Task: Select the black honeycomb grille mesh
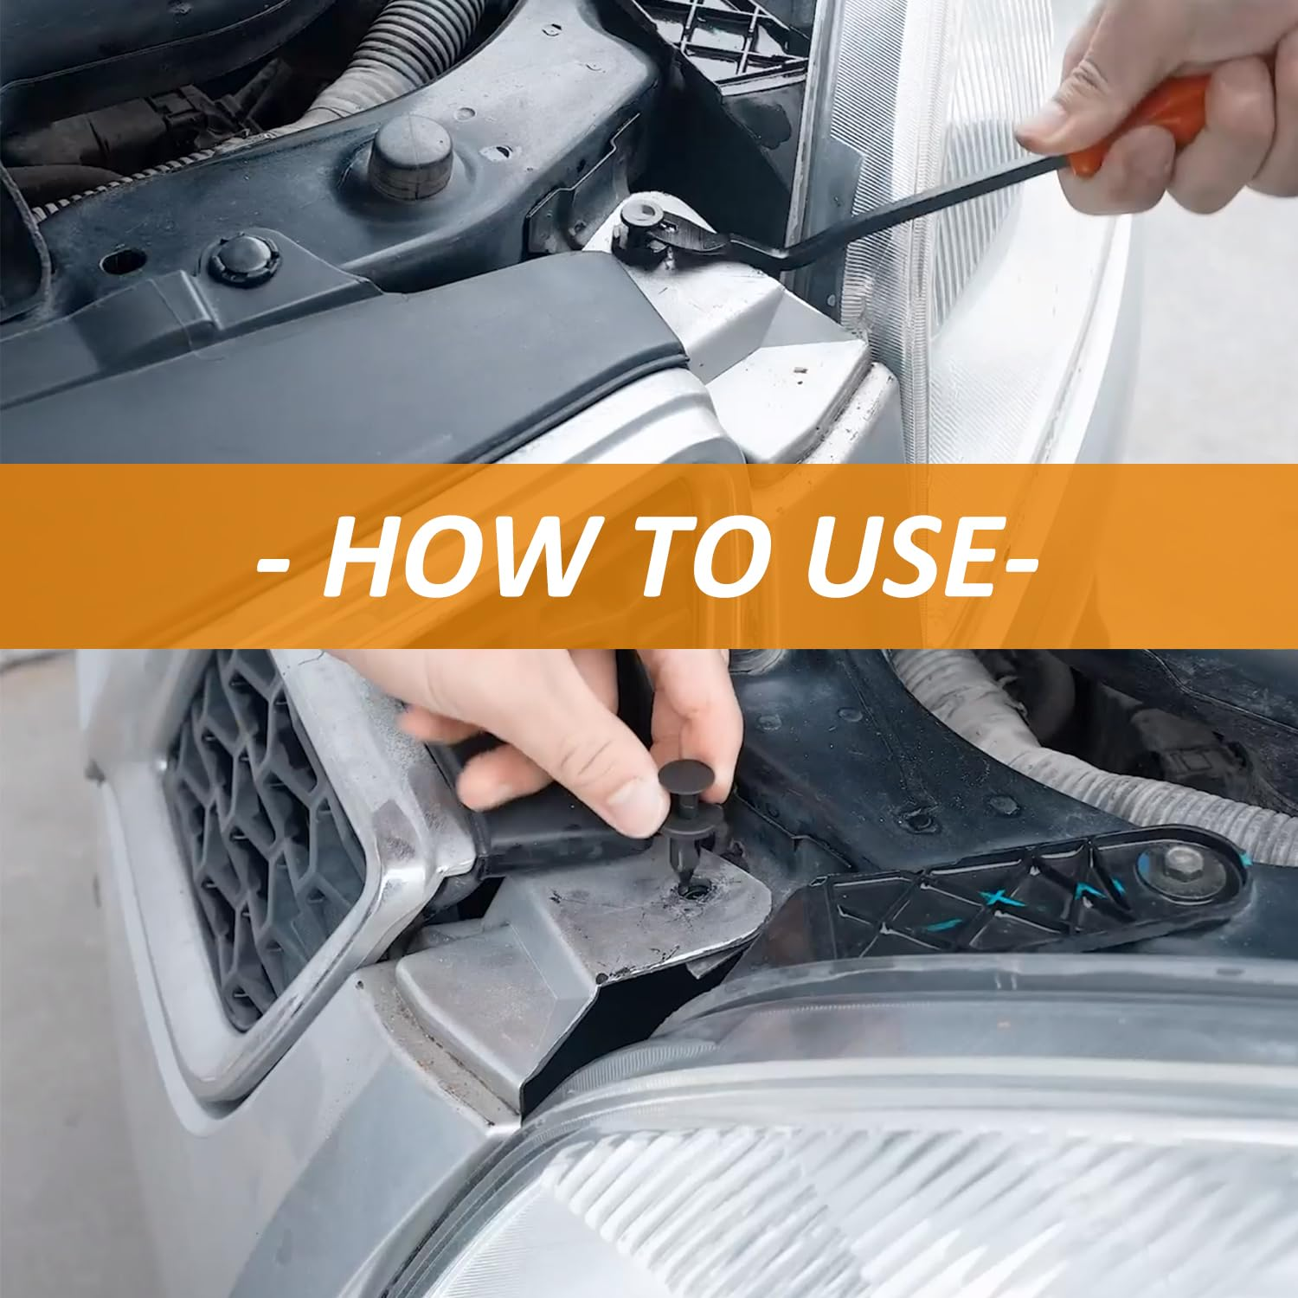pos(260,831)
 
